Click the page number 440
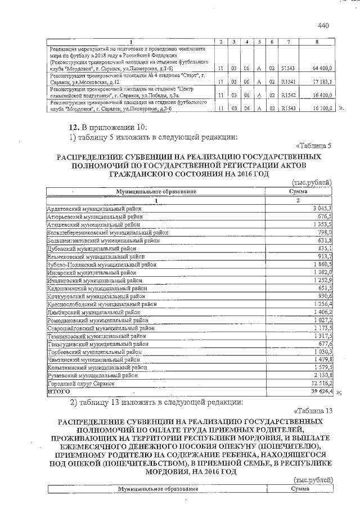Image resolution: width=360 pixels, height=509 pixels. coord(323,25)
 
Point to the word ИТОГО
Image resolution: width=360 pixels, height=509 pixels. coord(58,390)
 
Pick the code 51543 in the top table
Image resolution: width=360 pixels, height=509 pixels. coord(288,68)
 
